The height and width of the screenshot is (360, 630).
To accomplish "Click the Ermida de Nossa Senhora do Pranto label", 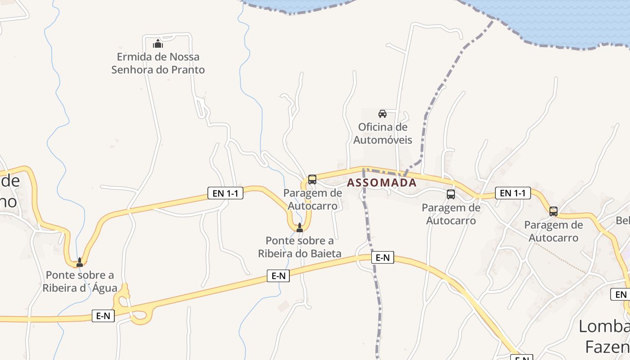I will click(158, 63).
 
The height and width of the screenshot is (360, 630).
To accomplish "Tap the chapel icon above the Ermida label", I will click(158, 44).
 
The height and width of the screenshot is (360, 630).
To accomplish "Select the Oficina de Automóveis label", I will click(382, 133).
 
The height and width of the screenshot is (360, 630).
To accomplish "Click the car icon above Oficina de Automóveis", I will click(382, 113).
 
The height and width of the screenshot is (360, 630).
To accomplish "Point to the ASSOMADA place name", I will click(382, 183).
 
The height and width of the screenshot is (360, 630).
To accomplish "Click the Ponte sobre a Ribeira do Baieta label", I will click(300, 247).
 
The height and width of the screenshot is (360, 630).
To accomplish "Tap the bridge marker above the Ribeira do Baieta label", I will click(300, 228).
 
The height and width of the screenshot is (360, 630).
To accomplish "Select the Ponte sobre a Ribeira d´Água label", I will click(80, 281).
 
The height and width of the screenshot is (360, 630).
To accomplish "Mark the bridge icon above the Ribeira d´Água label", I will click(80, 262).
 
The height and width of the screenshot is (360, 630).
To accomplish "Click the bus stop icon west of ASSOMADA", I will click(312, 180).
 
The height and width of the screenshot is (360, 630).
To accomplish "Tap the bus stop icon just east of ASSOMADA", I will click(451, 194).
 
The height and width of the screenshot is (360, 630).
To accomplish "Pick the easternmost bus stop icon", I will click(553, 211).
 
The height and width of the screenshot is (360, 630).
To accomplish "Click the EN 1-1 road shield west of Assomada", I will click(225, 193).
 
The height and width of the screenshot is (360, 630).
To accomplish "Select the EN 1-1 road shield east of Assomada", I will click(513, 193).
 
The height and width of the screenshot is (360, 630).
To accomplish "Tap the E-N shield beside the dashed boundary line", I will click(382, 258).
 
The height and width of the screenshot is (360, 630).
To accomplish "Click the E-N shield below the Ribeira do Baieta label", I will click(278, 276).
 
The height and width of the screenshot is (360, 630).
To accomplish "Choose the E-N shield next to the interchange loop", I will click(103, 316).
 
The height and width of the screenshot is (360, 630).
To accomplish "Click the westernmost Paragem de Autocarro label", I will click(313, 199).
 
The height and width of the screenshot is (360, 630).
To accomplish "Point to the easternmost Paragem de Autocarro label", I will click(553, 231).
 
